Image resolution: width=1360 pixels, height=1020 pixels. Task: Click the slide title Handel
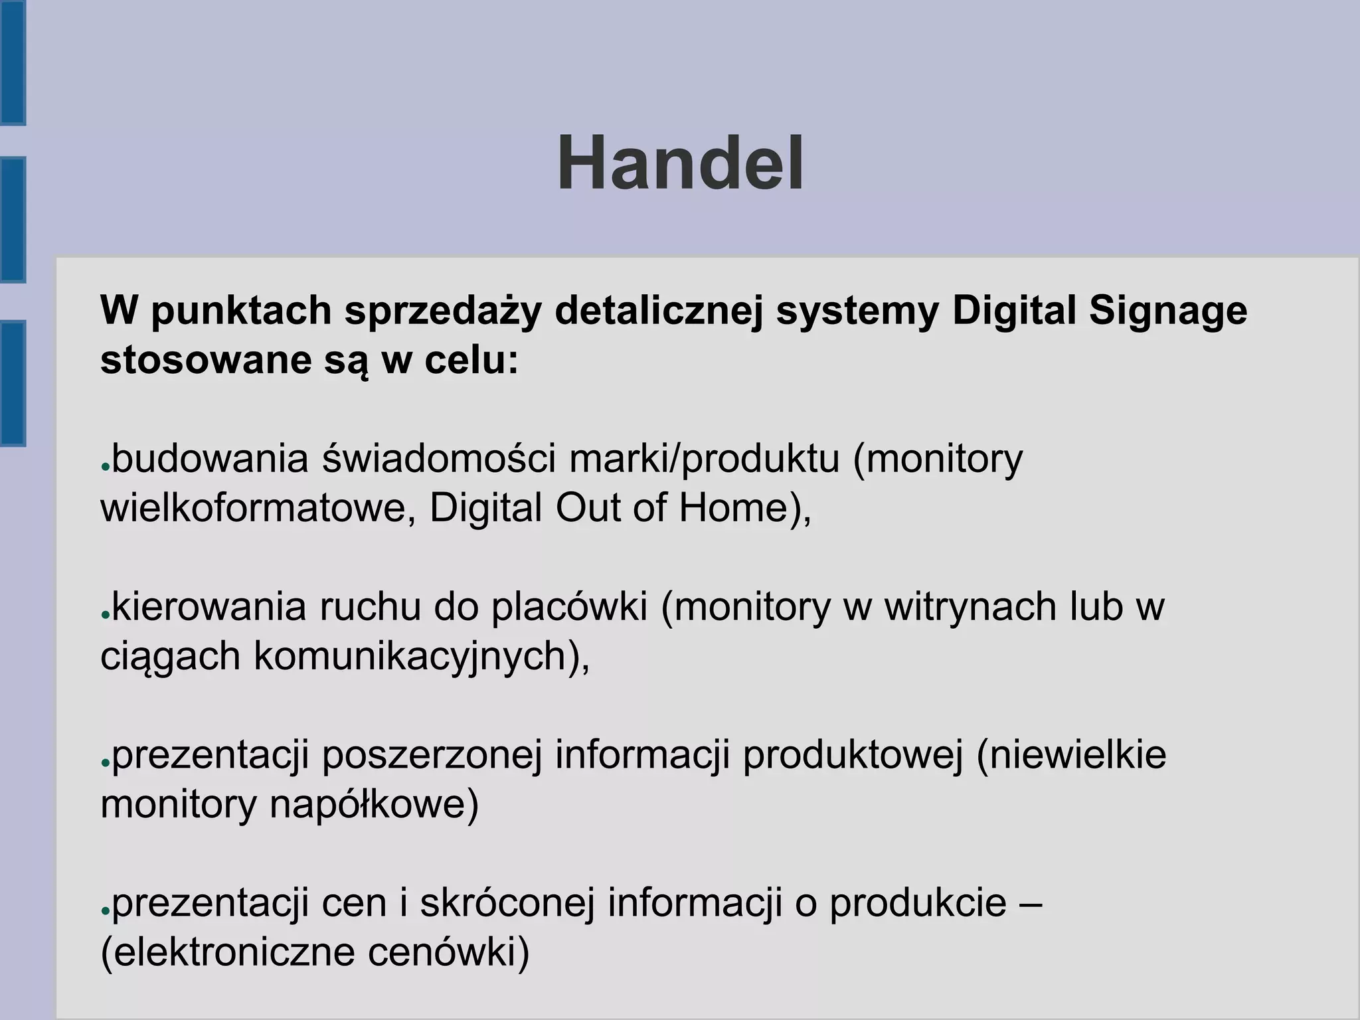(x=681, y=163)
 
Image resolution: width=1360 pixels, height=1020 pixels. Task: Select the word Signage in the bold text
(x=1168, y=311)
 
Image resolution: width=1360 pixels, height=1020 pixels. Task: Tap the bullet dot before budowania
(x=105, y=466)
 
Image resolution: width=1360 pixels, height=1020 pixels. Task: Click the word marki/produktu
(x=704, y=460)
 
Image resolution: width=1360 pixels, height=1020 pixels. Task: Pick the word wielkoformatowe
(x=258, y=509)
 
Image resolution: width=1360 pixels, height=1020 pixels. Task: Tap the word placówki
(x=569, y=608)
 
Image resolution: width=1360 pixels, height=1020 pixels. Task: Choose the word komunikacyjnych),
(x=422, y=657)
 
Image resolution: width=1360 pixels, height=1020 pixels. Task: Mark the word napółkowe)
(x=374, y=805)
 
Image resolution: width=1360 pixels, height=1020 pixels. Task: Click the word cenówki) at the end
(x=448, y=954)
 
